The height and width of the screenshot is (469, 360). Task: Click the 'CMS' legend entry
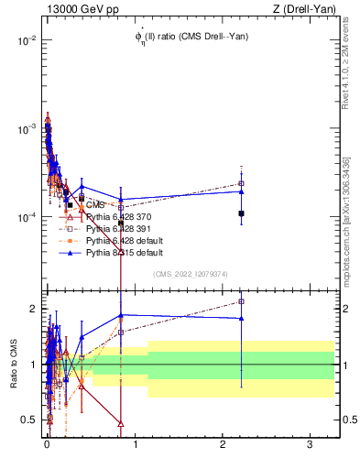tap(95, 204)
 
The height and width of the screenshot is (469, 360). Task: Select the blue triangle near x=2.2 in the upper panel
tap(241, 191)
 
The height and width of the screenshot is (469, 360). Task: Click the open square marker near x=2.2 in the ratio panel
tap(241, 301)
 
